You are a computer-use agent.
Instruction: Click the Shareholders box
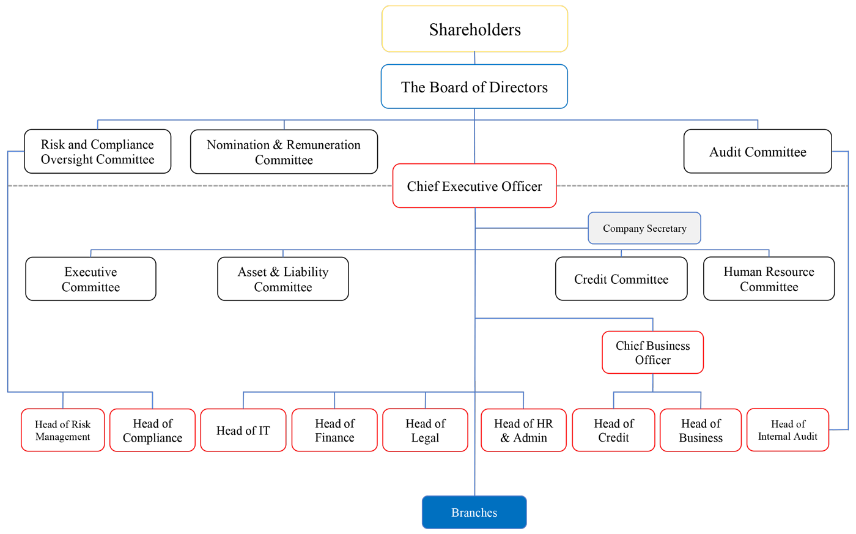tap(474, 29)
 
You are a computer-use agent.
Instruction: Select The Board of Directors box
tap(474, 87)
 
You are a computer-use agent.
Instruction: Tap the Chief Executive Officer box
tap(474, 186)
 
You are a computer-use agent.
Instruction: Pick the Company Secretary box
tap(644, 228)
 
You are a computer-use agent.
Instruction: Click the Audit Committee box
tap(758, 152)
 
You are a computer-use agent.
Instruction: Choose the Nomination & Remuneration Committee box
tap(284, 152)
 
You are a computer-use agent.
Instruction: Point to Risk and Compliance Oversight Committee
tap(97, 152)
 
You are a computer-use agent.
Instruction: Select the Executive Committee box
tap(90, 279)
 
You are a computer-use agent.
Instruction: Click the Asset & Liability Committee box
tap(283, 279)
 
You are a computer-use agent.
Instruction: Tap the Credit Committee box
tap(621, 279)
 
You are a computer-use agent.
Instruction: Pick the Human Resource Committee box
tap(769, 279)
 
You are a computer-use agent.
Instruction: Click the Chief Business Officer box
tap(652, 352)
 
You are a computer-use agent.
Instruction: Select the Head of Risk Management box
tap(62, 431)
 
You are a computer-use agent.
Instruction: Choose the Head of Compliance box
tap(152, 431)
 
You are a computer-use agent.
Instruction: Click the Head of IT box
tap(243, 431)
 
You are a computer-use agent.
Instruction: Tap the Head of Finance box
tap(334, 431)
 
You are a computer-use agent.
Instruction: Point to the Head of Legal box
tap(425, 431)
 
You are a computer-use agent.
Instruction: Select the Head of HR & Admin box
tap(523, 431)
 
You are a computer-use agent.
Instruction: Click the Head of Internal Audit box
tap(788, 430)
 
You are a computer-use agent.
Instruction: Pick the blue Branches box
tap(474, 513)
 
